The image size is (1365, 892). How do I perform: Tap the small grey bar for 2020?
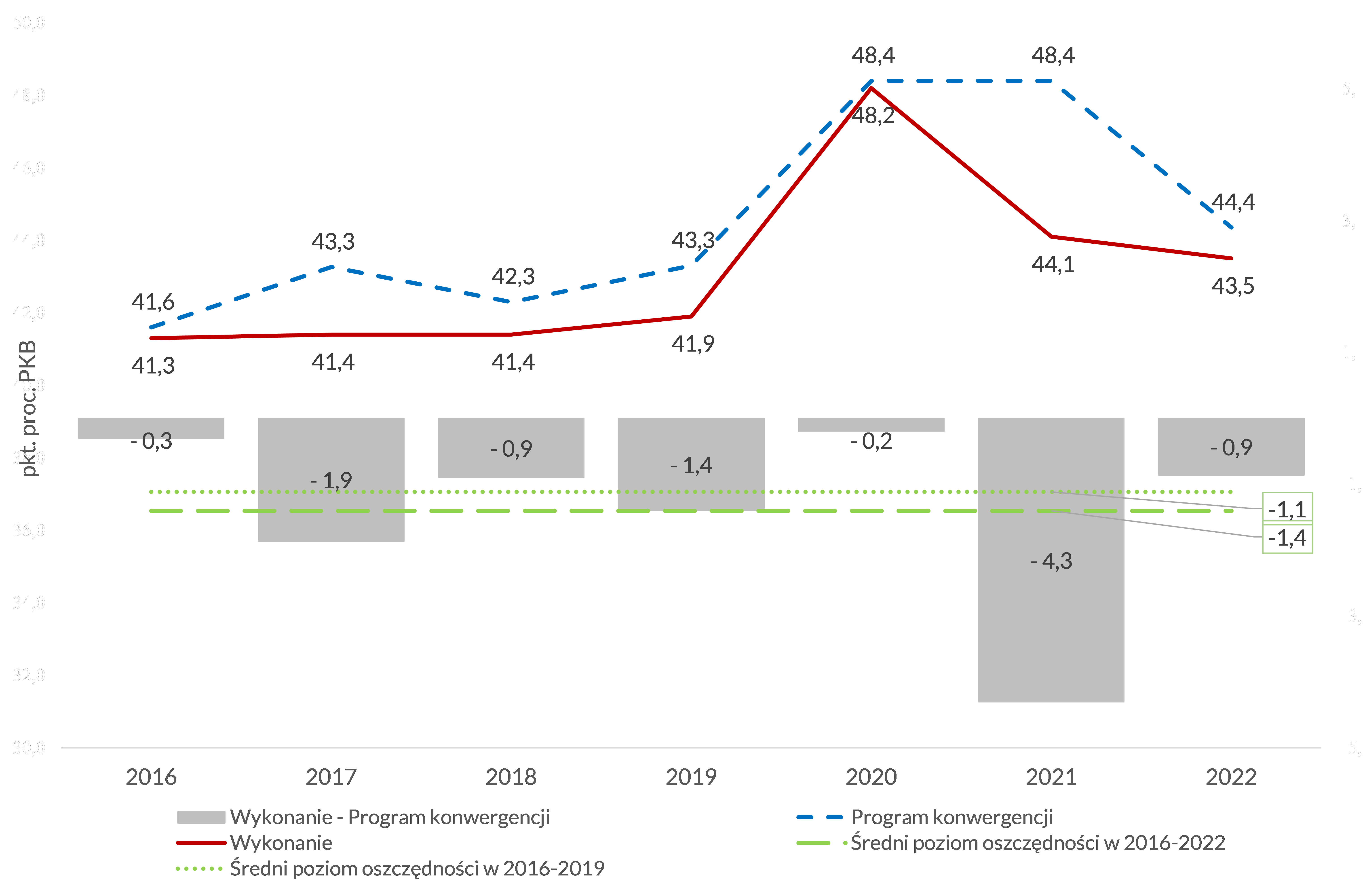871,424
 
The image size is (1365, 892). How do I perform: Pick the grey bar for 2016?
151,427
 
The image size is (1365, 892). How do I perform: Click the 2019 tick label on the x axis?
690,777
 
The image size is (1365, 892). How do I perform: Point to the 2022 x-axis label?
1231,777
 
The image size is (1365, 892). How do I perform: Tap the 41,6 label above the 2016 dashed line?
153,302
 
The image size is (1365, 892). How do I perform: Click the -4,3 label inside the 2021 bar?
1051,561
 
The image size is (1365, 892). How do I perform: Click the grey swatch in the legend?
201,817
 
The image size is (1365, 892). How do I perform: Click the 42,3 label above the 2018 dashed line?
513,276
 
